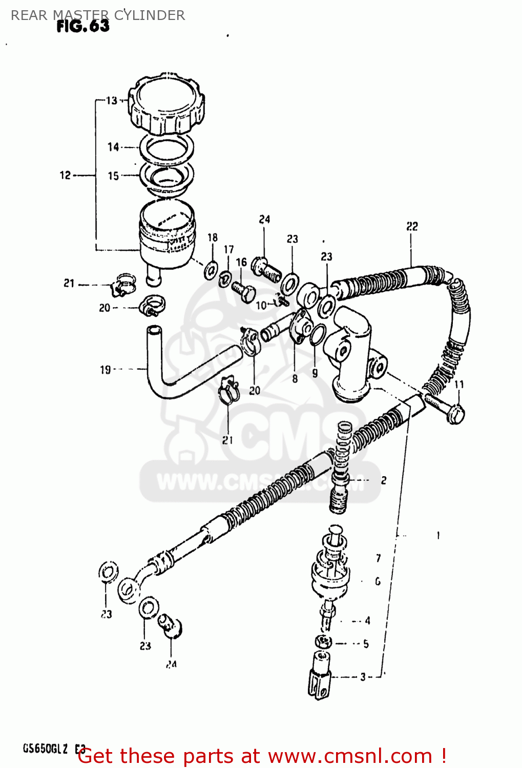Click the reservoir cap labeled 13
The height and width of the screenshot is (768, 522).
(x=166, y=105)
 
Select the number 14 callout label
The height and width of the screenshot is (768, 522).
(x=113, y=147)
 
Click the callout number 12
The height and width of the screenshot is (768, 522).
(x=65, y=175)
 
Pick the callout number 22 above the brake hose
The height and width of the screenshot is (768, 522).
(x=412, y=226)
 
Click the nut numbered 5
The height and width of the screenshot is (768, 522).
(x=323, y=642)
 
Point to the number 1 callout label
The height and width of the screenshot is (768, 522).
(x=438, y=536)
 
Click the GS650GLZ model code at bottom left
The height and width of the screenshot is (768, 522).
(x=45, y=749)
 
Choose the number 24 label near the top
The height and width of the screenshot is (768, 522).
(x=264, y=219)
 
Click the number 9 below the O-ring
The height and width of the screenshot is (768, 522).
(x=315, y=373)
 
